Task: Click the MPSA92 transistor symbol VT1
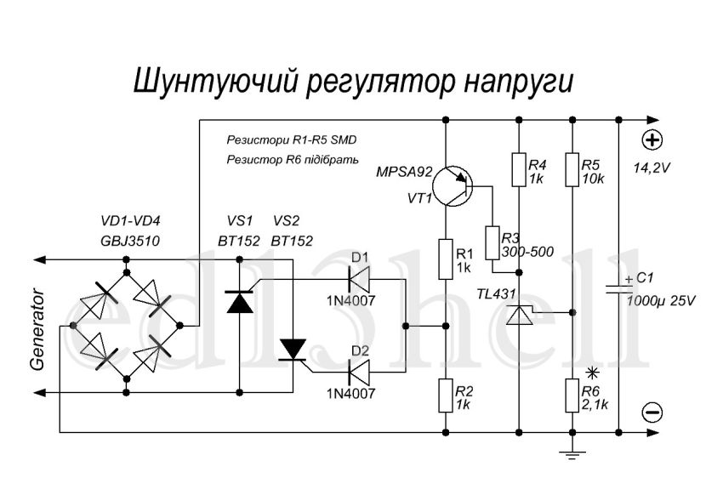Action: [452, 185]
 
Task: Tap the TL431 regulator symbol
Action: [517, 315]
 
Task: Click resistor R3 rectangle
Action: [492, 242]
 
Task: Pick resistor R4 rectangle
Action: [517, 168]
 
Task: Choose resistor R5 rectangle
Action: [574, 168]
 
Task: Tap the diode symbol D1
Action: [360, 278]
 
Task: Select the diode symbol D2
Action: [360, 370]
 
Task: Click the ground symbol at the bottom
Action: [574, 457]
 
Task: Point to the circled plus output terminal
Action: [652, 140]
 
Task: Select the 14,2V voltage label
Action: [652, 168]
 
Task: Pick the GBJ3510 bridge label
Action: [129, 241]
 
